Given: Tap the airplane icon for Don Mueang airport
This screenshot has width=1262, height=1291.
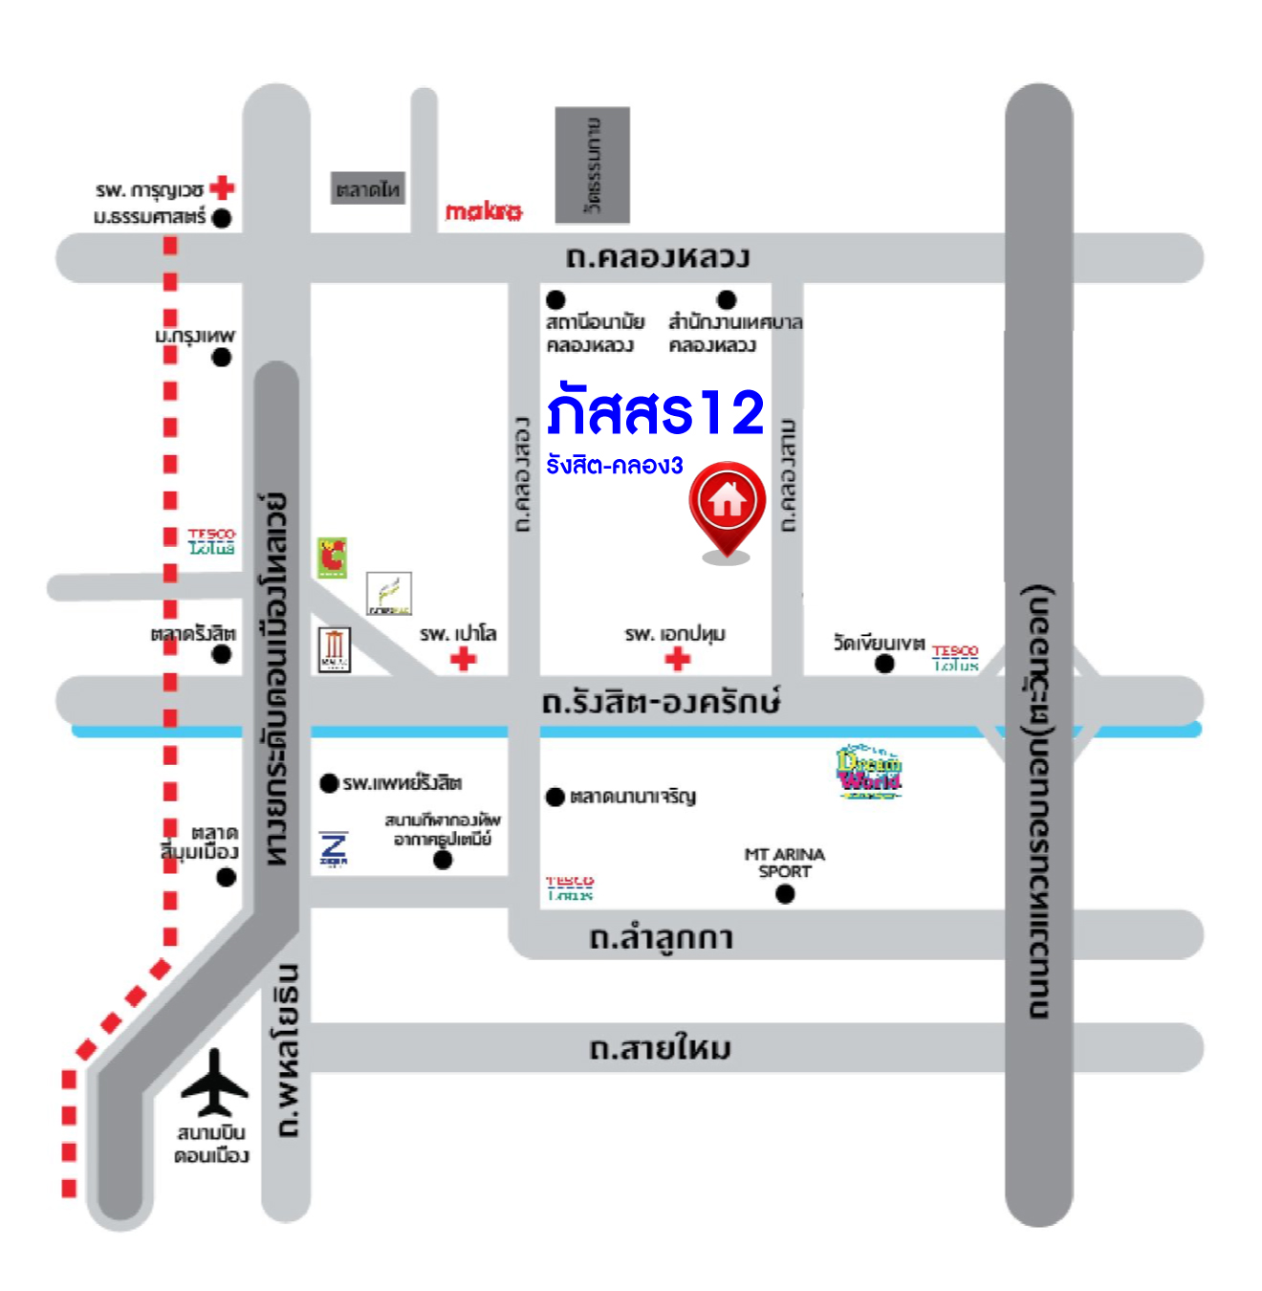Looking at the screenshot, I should pyautogui.click(x=214, y=1083).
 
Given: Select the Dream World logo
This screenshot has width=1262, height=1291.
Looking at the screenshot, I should pyautogui.click(x=869, y=772).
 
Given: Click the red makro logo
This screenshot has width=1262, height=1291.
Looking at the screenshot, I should pyautogui.click(x=484, y=210).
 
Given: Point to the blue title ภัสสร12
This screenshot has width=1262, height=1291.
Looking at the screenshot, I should pyautogui.click(x=656, y=412).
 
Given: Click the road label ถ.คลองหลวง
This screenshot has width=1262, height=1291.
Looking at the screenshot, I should pyautogui.click(x=658, y=256).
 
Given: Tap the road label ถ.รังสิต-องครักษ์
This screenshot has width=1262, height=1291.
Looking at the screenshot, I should pyautogui.click(x=661, y=702).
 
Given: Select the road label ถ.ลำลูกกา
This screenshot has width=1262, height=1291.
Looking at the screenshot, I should pyautogui.click(x=661, y=937).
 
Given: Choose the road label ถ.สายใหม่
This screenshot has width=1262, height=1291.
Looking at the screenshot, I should pyautogui.click(x=660, y=1049).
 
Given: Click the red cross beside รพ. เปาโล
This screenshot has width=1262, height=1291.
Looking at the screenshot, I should pyautogui.click(x=464, y=658).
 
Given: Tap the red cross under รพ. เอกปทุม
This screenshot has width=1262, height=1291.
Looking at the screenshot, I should pyautogui.click(x=678, y=658).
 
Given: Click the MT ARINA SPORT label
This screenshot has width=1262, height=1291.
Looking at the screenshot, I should pyautogui.click(x=784, y=863).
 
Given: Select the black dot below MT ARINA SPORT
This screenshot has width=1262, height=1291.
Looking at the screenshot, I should pyautogui.click(x=785, y=894).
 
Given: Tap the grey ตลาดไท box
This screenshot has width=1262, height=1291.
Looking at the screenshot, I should pyautogui.click(x=368, y=188).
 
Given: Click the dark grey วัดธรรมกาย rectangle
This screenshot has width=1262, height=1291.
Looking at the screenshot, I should pyautogui.click(x=593, y=164).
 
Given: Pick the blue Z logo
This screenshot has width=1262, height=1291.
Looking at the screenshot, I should pyautogui.click(x=334, y=848).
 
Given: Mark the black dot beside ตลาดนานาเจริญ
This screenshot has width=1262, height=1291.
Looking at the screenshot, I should pyautogui.click(x=555, y=797).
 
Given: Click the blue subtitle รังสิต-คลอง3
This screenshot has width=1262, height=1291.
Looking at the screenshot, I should pyautogui.click(x=615, y=466).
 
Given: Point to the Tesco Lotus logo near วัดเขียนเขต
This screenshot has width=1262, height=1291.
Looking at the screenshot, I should pyautogui.click(x=955, y=658).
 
